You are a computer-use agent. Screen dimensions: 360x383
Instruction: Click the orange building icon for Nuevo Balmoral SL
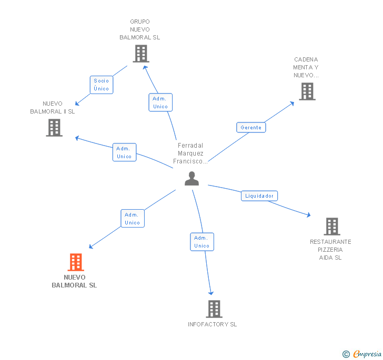(x=76, y=262)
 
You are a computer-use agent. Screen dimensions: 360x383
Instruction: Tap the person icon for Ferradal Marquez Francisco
(x=192, y=179)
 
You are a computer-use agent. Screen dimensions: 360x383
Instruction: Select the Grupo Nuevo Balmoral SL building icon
(x=140, y=54)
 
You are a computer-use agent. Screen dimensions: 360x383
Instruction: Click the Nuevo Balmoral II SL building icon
(x=54, y=128)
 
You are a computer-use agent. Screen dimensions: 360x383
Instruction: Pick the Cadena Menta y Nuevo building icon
(x=307, y=91)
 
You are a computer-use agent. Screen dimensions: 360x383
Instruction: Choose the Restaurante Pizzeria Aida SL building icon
(x=331, y=227)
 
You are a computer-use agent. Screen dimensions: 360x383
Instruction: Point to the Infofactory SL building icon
(x=214, y=309)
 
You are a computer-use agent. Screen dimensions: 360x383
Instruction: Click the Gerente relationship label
(x=251, y=127)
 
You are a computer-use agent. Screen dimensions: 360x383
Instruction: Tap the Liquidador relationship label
(x=259, y=196)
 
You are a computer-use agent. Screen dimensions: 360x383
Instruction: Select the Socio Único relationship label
(x=102, y=85)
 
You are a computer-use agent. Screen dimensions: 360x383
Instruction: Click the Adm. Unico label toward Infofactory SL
(x=202, y=242)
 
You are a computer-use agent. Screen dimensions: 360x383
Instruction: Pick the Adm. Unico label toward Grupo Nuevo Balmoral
(x=160, y=102)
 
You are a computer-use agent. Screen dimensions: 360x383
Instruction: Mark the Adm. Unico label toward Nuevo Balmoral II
(x=124, y=152)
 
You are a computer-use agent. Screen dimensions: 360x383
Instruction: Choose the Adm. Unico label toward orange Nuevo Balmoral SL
(x=132, y=219)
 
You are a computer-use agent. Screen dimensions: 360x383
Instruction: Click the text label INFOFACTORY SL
(x=213, y=324)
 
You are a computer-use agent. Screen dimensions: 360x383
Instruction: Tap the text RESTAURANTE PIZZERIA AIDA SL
(x=330, y=250)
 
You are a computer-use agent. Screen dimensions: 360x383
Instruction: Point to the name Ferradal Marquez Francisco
(x=190, y=153)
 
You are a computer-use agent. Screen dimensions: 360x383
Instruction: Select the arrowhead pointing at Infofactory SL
(x=211, y=293)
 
